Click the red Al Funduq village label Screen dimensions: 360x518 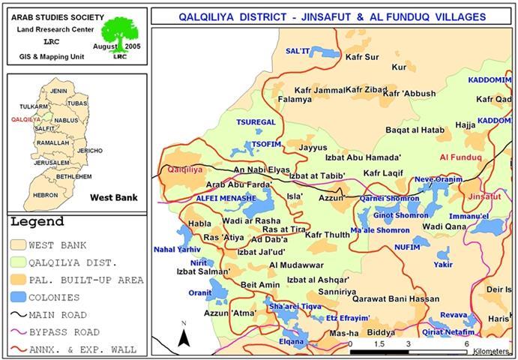click(460, 157)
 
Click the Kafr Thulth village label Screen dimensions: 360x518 click(328, 235)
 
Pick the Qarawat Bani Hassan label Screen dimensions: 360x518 click(395, 298)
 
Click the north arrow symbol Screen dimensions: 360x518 click(183, 335)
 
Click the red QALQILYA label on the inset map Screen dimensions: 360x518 click(26, 119)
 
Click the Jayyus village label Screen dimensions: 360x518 click(313, 148)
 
